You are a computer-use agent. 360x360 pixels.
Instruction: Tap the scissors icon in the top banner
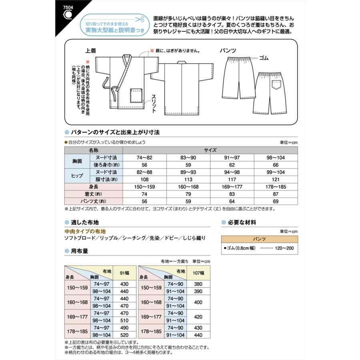coord(140,19)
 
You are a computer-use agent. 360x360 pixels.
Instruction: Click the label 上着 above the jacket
coord(90,51)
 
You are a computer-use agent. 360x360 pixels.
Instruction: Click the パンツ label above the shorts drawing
coord(228,51)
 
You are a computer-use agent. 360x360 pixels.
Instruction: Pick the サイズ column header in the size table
coord(210,150)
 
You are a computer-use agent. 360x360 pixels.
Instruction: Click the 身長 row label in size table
coord(94,186)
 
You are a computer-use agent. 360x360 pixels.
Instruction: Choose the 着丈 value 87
coord(276,194)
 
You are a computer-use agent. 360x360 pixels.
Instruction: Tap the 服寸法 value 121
coord(276,179)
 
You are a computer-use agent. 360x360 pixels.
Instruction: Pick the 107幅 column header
coord(199,273)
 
